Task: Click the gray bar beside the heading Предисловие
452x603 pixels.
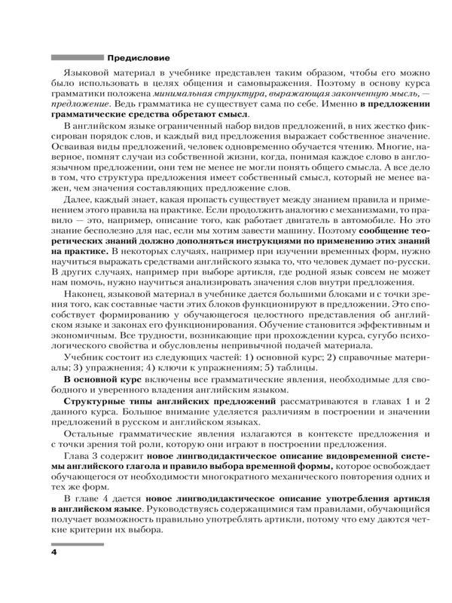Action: pyautogui.click(x=75, y=57)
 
